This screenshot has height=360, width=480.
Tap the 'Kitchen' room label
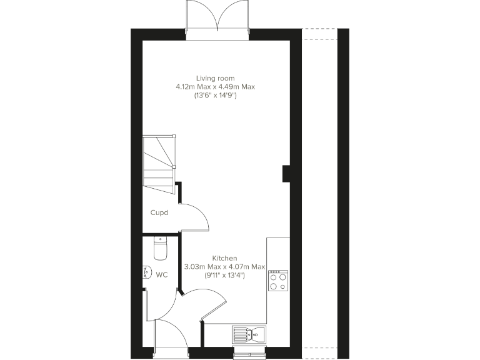(224, 258)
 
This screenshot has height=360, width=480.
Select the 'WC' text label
(162, 274)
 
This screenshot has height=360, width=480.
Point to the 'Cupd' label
(159, 212)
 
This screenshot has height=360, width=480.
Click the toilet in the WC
(161, 249)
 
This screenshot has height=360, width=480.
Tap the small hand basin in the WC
(146, 273)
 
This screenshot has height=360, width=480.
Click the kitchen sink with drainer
(248, 334)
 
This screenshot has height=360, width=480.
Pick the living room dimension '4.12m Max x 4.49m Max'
(216, 87)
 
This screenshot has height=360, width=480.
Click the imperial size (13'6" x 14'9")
(216, 96)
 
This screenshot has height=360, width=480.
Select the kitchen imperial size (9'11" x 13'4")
(224, 275)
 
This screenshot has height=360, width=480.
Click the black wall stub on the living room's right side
(286, 173)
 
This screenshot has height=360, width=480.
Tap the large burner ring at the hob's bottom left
(274, 287)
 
